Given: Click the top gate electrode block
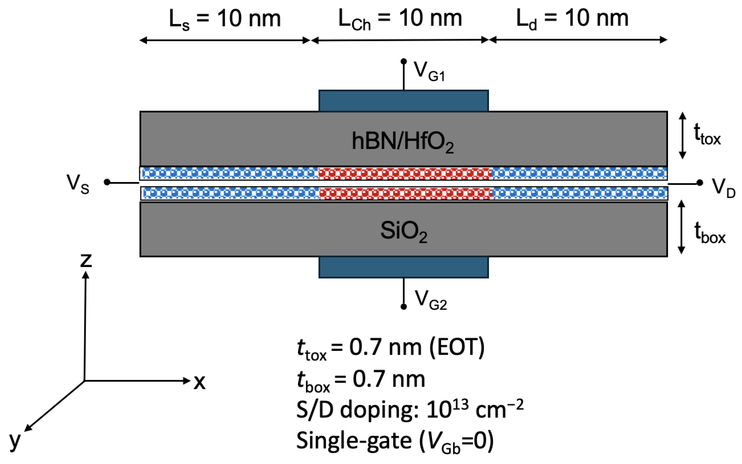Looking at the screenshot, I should [x=404, y=101].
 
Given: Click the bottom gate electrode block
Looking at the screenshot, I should [x=404, y=267].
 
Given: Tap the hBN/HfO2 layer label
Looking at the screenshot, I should [x=403, y=142].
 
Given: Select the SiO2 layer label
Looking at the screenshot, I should [x=404, y=231].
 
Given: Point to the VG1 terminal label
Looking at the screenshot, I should [x=429, y=71].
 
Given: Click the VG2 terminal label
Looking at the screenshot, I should [x=431, y=299].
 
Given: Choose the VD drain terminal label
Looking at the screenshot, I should [x=723, y=188].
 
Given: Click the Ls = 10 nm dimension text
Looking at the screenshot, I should [x=225, y=19].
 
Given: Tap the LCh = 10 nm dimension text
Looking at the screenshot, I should [x=400, y=19].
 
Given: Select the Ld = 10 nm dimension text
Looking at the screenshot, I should [x=572, y=19].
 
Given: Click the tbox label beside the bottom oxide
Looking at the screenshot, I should [x=710, y=233].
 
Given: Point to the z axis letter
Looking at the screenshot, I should [x=86, y=260].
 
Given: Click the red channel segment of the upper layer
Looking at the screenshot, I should [x=405, y=174].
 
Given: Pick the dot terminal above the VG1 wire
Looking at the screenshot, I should [x=404, y=61].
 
